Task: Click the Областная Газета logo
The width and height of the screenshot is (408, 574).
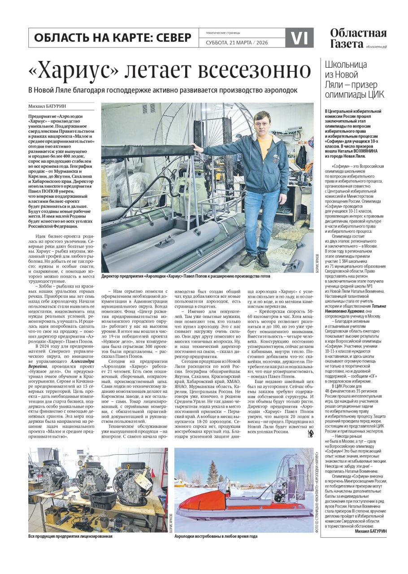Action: tap(358, 38)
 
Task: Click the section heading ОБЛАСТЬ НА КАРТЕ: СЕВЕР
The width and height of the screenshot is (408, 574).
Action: tap(113, 38)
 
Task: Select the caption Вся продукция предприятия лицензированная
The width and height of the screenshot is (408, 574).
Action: tap(70, 536)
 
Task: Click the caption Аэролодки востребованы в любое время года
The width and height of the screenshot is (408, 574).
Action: tap(216, 536)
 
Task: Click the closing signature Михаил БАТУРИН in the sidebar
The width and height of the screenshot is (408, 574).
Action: tap(370, 531)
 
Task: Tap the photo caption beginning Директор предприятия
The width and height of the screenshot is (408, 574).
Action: tap(186, 276)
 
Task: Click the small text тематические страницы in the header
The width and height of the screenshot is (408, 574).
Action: tap(223, 33)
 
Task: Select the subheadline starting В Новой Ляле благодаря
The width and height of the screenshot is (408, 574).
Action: tap(162, 90)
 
